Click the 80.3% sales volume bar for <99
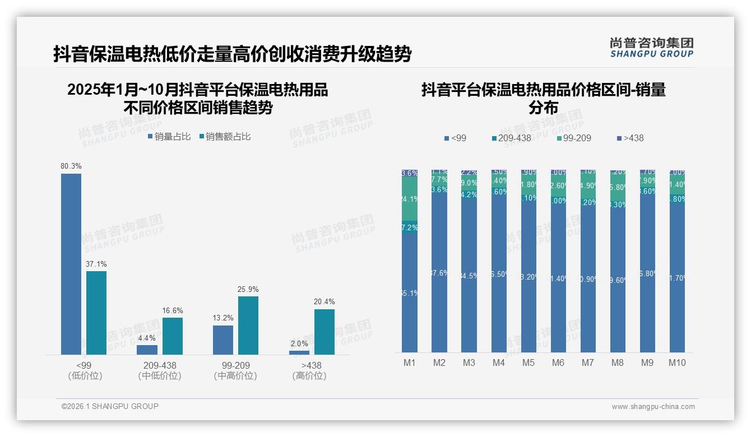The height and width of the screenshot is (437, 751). [x=71, y=263]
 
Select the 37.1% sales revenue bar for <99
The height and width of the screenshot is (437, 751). [x=96, y=313]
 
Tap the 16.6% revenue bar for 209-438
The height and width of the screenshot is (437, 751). [x=173, y=336]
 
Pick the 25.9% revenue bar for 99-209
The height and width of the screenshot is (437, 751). [x=248, y=325]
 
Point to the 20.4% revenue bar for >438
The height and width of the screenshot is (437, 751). [x=324, y=332]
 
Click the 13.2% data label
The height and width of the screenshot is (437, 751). [x=223, y=318]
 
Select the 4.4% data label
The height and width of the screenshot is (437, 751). [x=147, y=338]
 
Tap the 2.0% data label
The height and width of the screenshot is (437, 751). [x=299, y=343]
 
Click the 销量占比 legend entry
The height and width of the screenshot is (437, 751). [x=169, y=136]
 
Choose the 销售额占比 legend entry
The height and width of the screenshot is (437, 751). [x=225, y=136]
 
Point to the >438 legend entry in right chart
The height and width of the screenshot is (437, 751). [x=630, y=138]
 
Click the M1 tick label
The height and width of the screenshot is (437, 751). [x=410, y=362]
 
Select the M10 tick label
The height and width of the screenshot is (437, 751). [x=677, y=362]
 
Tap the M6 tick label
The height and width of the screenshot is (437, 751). [x=558, y=362]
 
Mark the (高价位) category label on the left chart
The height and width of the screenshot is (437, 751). [x=309, y=376]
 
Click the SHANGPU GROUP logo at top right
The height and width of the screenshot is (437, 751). [x=651, y=48]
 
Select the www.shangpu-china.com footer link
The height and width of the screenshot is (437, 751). [x=653, y=407]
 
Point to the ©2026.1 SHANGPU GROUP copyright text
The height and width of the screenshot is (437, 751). [x=110, y=406]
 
